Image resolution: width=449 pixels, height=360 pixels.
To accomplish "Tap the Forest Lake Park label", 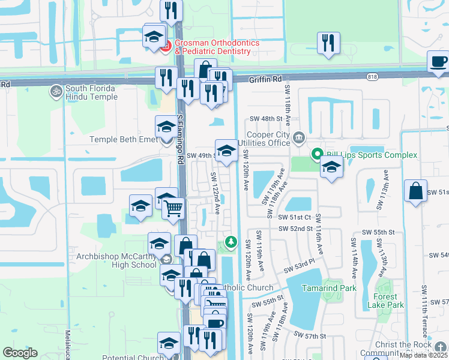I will click(x=387, y=301).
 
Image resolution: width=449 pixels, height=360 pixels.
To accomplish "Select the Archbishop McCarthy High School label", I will click(x=116, y=260).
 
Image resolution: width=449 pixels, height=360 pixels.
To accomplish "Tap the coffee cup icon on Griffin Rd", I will click(x=438, y=62).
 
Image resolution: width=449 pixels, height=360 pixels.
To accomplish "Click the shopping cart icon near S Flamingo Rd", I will click(x=173, y=209).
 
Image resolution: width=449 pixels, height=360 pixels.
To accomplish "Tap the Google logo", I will click(x=20, y=353).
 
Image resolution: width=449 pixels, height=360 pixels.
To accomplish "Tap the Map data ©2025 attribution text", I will click(x=423, y=355).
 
